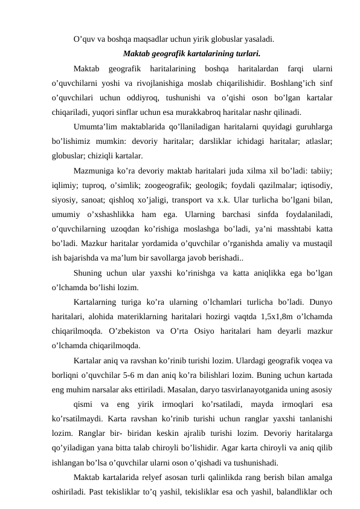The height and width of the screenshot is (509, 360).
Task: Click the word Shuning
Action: pyautogui.click(x=90, y=274)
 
